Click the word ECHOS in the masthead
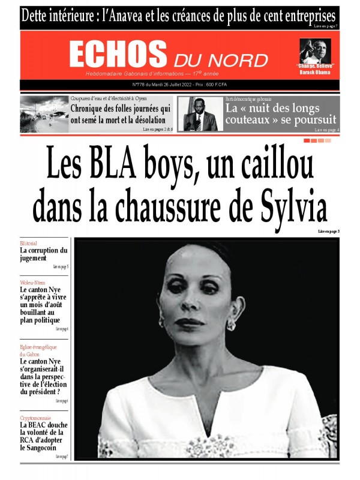pyautogui.click(x=118, y=55)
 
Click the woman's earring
pyautogui.click(x=231, y=325)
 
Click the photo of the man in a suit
pyautogui.click(x=200, y=114)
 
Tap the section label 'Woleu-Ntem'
pyautogui.click(x=31, y=281)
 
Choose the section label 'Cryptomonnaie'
pyautogui.click(x=35, y=418)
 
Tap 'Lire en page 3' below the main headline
pyautogui.click(x=329, y=231)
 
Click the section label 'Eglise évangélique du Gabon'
pyautogui.click(x=34, y=350)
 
